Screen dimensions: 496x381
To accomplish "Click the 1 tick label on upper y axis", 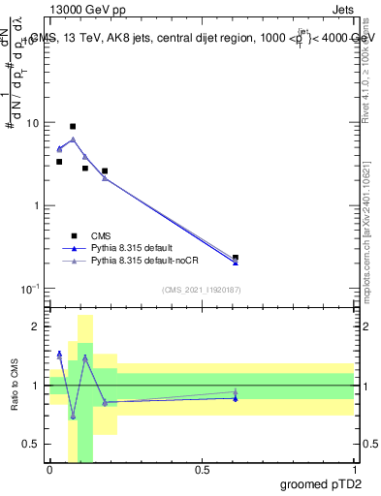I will (x=40, y=206).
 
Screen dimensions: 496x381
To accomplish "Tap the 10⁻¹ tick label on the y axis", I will (x=34, y=289).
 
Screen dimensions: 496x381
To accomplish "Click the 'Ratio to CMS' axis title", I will (x=14, y=385).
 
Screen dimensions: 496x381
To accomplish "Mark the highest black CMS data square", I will (x=73, y=126).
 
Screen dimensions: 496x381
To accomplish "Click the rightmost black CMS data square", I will (x=236, y=258).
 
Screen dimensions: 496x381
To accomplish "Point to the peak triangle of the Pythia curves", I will (x=73, y=139).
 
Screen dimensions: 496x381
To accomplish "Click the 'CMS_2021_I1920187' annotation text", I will (x=201, y=289).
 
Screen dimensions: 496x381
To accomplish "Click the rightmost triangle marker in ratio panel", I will (x=236, y=392).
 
